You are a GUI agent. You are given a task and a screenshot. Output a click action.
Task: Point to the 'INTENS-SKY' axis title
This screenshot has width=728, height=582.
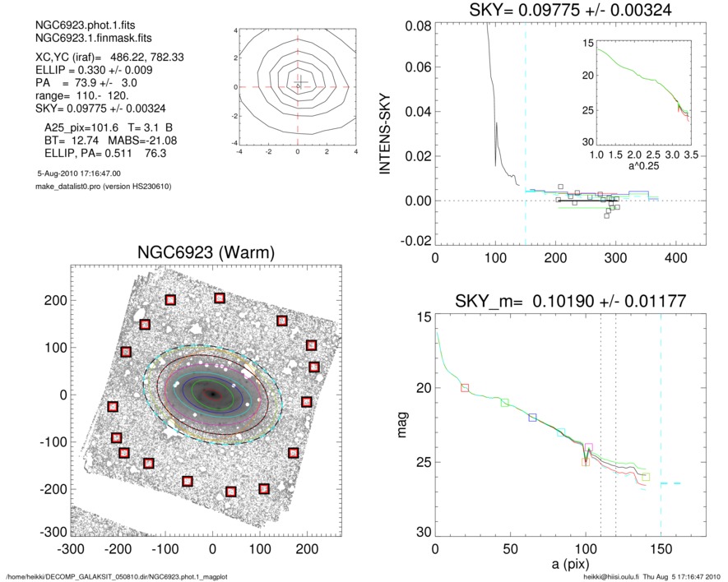point(384,133)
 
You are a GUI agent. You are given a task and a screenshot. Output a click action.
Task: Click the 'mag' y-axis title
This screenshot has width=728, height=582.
point(402,426)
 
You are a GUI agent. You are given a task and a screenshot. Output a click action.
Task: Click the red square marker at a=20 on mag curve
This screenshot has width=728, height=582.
point(465,387)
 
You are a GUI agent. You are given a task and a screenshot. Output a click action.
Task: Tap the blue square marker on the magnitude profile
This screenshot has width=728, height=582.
point(532,418)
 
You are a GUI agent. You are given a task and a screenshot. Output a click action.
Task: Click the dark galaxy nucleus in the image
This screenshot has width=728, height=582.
point(212,395)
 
